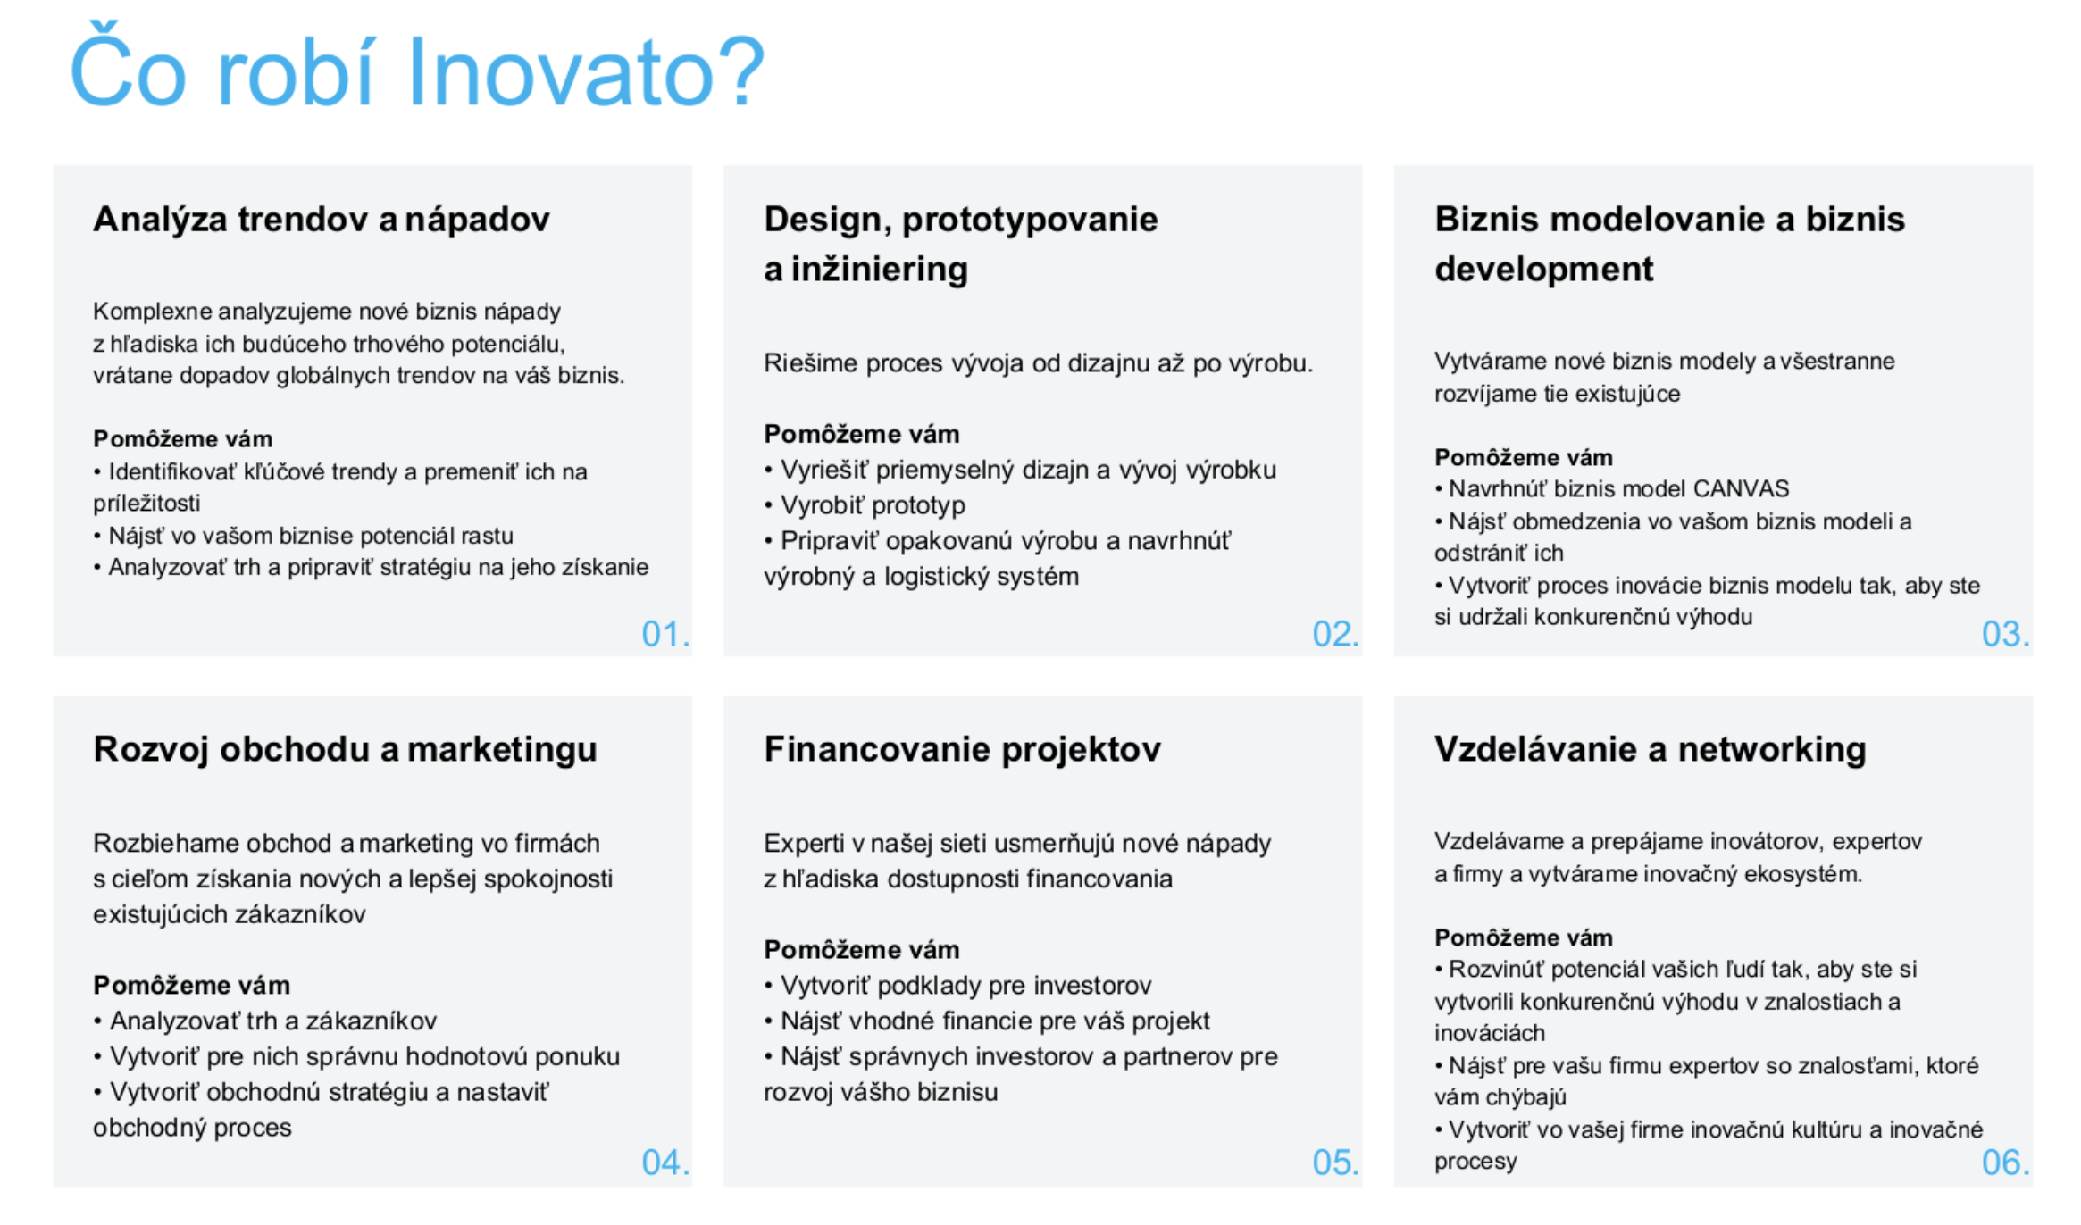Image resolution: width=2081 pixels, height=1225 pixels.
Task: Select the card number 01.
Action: [x=665, y=634]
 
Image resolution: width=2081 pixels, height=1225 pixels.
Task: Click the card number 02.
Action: [x=1335, y=634]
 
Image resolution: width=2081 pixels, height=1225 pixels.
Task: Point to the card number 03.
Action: [x=2005, y=634]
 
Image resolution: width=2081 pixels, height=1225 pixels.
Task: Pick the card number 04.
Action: [x=665, y=1162]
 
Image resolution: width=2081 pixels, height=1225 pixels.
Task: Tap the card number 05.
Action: [x=1335, y=1162]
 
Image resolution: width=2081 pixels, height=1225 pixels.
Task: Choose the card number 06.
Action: [x=2005, y=1162]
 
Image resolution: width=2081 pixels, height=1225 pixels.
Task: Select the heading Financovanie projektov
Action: [x=962, y=750]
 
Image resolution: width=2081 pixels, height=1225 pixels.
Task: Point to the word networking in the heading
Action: [x=1772, y=751]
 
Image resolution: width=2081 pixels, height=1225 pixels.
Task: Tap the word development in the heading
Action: [x=1544, y=270]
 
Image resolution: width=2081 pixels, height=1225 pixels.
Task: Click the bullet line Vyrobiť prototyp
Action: [x=865, y=505]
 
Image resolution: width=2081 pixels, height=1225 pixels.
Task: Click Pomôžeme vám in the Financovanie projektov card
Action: [x=862, y=950]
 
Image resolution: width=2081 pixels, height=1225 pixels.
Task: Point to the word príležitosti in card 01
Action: [x=146, y=504]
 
